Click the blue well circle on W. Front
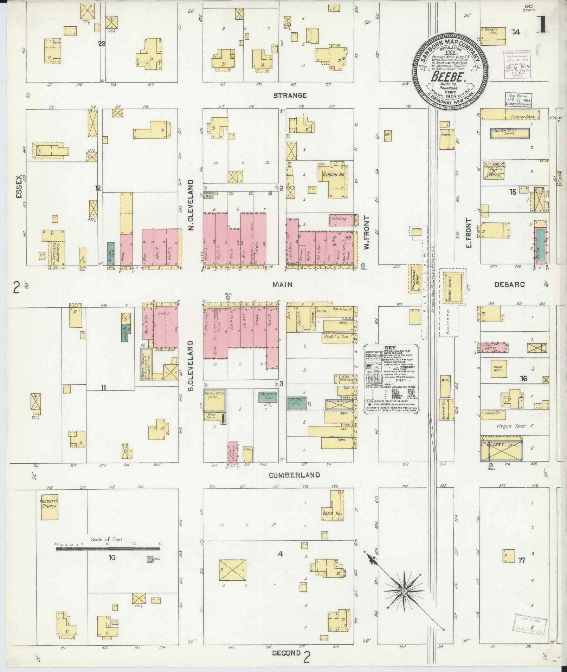(363, 266)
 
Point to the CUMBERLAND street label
(294, 475)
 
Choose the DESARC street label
(509, 285)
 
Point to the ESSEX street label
(19, 187)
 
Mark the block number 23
(102, 44)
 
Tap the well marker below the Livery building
(490, 465)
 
